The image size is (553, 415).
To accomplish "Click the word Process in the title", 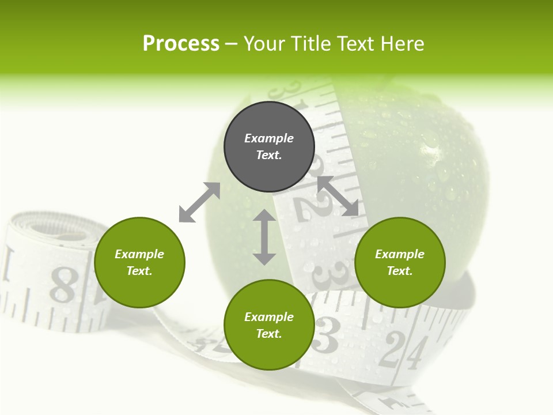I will [181, 44].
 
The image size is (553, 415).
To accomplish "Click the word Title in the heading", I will [310, 44].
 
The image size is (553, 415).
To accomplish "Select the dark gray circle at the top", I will [269, 146].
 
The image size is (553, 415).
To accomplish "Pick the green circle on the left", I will [139, 262].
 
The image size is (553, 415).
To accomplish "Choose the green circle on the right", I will [400, 262].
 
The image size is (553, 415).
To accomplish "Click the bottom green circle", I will [269, 325].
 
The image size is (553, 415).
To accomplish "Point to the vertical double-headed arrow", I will [264, 237].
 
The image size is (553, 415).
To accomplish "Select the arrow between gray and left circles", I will [199, 202].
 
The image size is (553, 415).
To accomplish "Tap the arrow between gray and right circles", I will [338, 196].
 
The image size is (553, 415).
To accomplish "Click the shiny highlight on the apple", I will [430, 151].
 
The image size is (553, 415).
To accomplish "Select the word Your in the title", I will [264, 44].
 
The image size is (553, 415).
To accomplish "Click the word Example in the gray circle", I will [269, 138].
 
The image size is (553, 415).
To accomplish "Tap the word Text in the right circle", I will [400, 271].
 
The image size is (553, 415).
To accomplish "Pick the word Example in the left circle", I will [139, 254].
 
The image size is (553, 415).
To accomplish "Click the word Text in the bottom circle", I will [269, 334].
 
